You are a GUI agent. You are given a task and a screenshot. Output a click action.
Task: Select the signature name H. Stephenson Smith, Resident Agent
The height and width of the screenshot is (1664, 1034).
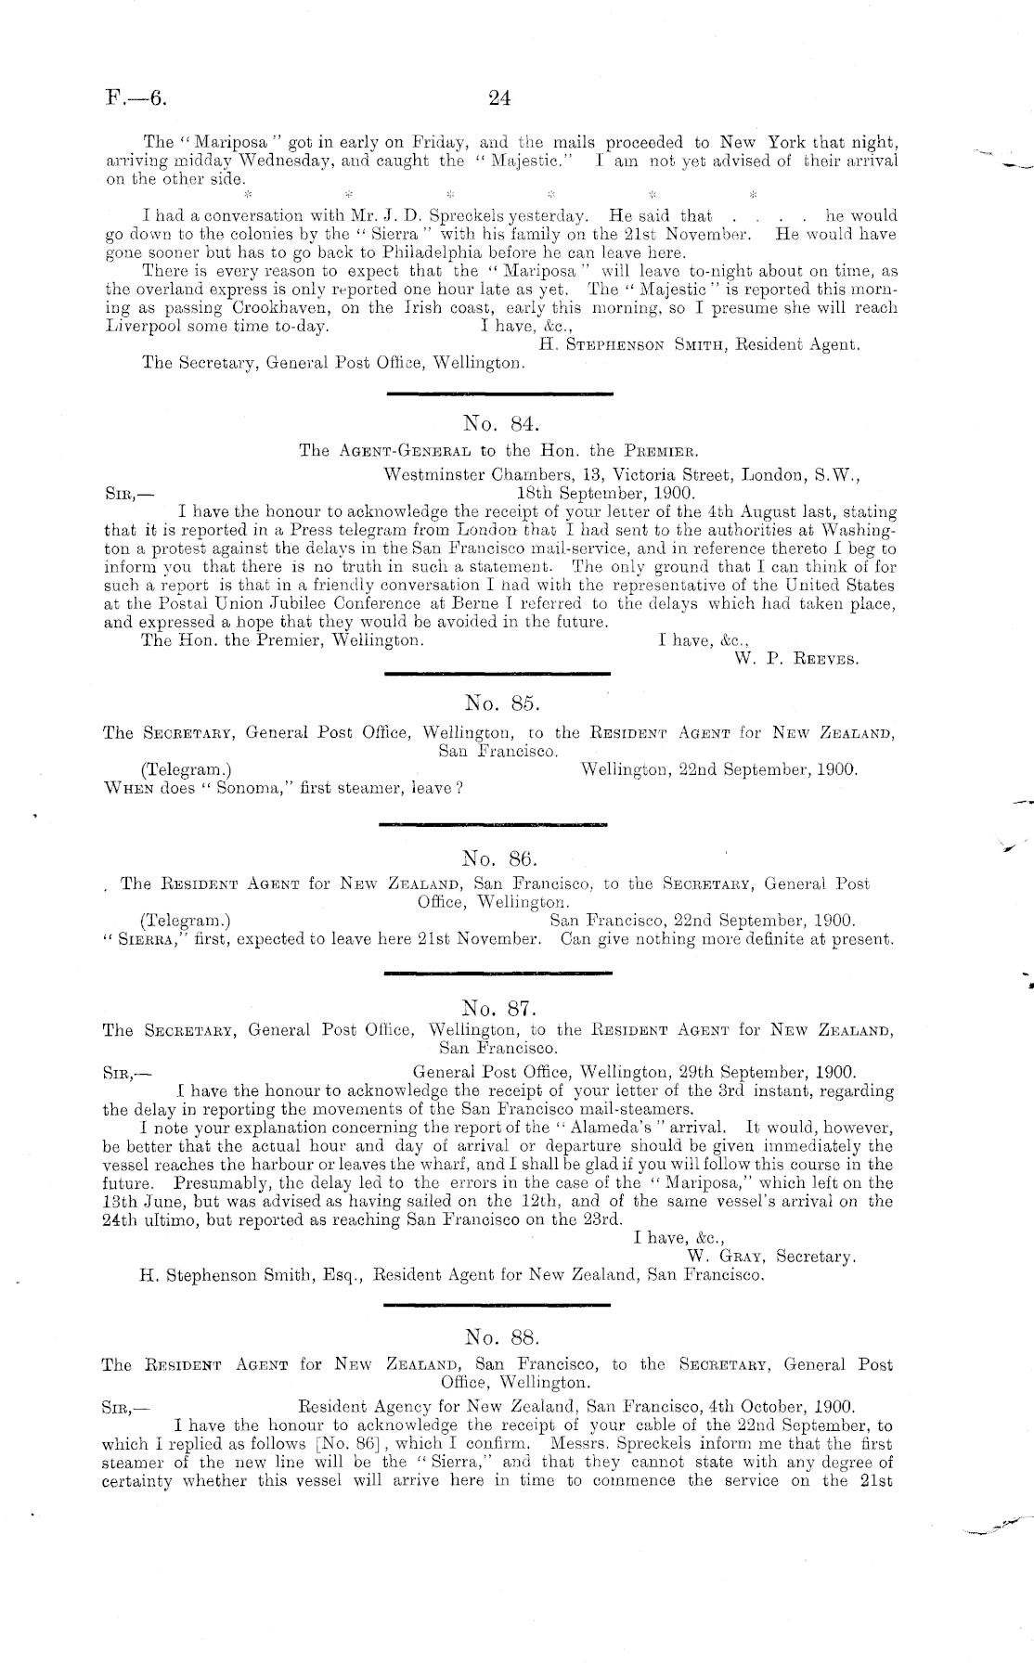click(699, 344)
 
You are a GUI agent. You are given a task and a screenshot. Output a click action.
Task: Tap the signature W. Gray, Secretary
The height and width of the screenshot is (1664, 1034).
click(770, 1257)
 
